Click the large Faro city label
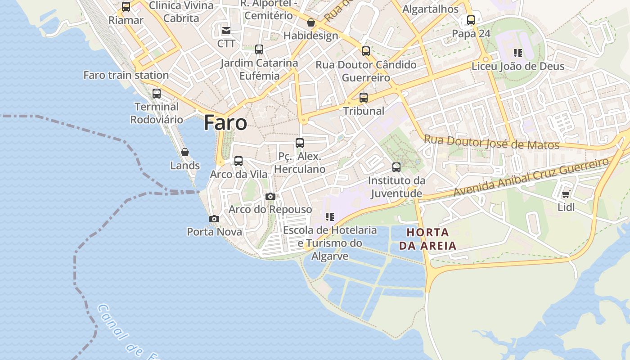click(x=225, y=122)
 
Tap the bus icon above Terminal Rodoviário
click(x=157, y=94)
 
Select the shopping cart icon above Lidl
click(x=566, y=194)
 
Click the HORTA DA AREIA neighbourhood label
click(x=427, y=239)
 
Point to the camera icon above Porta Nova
click(x=214, y=219)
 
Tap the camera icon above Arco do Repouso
click(x=270, y=197)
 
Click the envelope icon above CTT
click(x=226, y=31)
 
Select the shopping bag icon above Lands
click(x=184, y=153)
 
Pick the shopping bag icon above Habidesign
click(x=310, y=22)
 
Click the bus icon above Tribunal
click(x=364, y=97)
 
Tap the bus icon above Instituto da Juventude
click(x=396, y=167)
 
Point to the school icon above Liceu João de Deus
click(x=518, y=53)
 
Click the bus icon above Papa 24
click(x=471, y=20)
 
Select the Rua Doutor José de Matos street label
click(x=491, y=143)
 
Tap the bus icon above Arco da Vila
click(x=238, y=161)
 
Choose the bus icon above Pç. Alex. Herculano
click(x=300, y=143)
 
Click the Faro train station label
click(x=126, y=75)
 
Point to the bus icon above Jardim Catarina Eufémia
click(x=259, y=49)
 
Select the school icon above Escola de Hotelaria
click(x=330, y=217)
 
